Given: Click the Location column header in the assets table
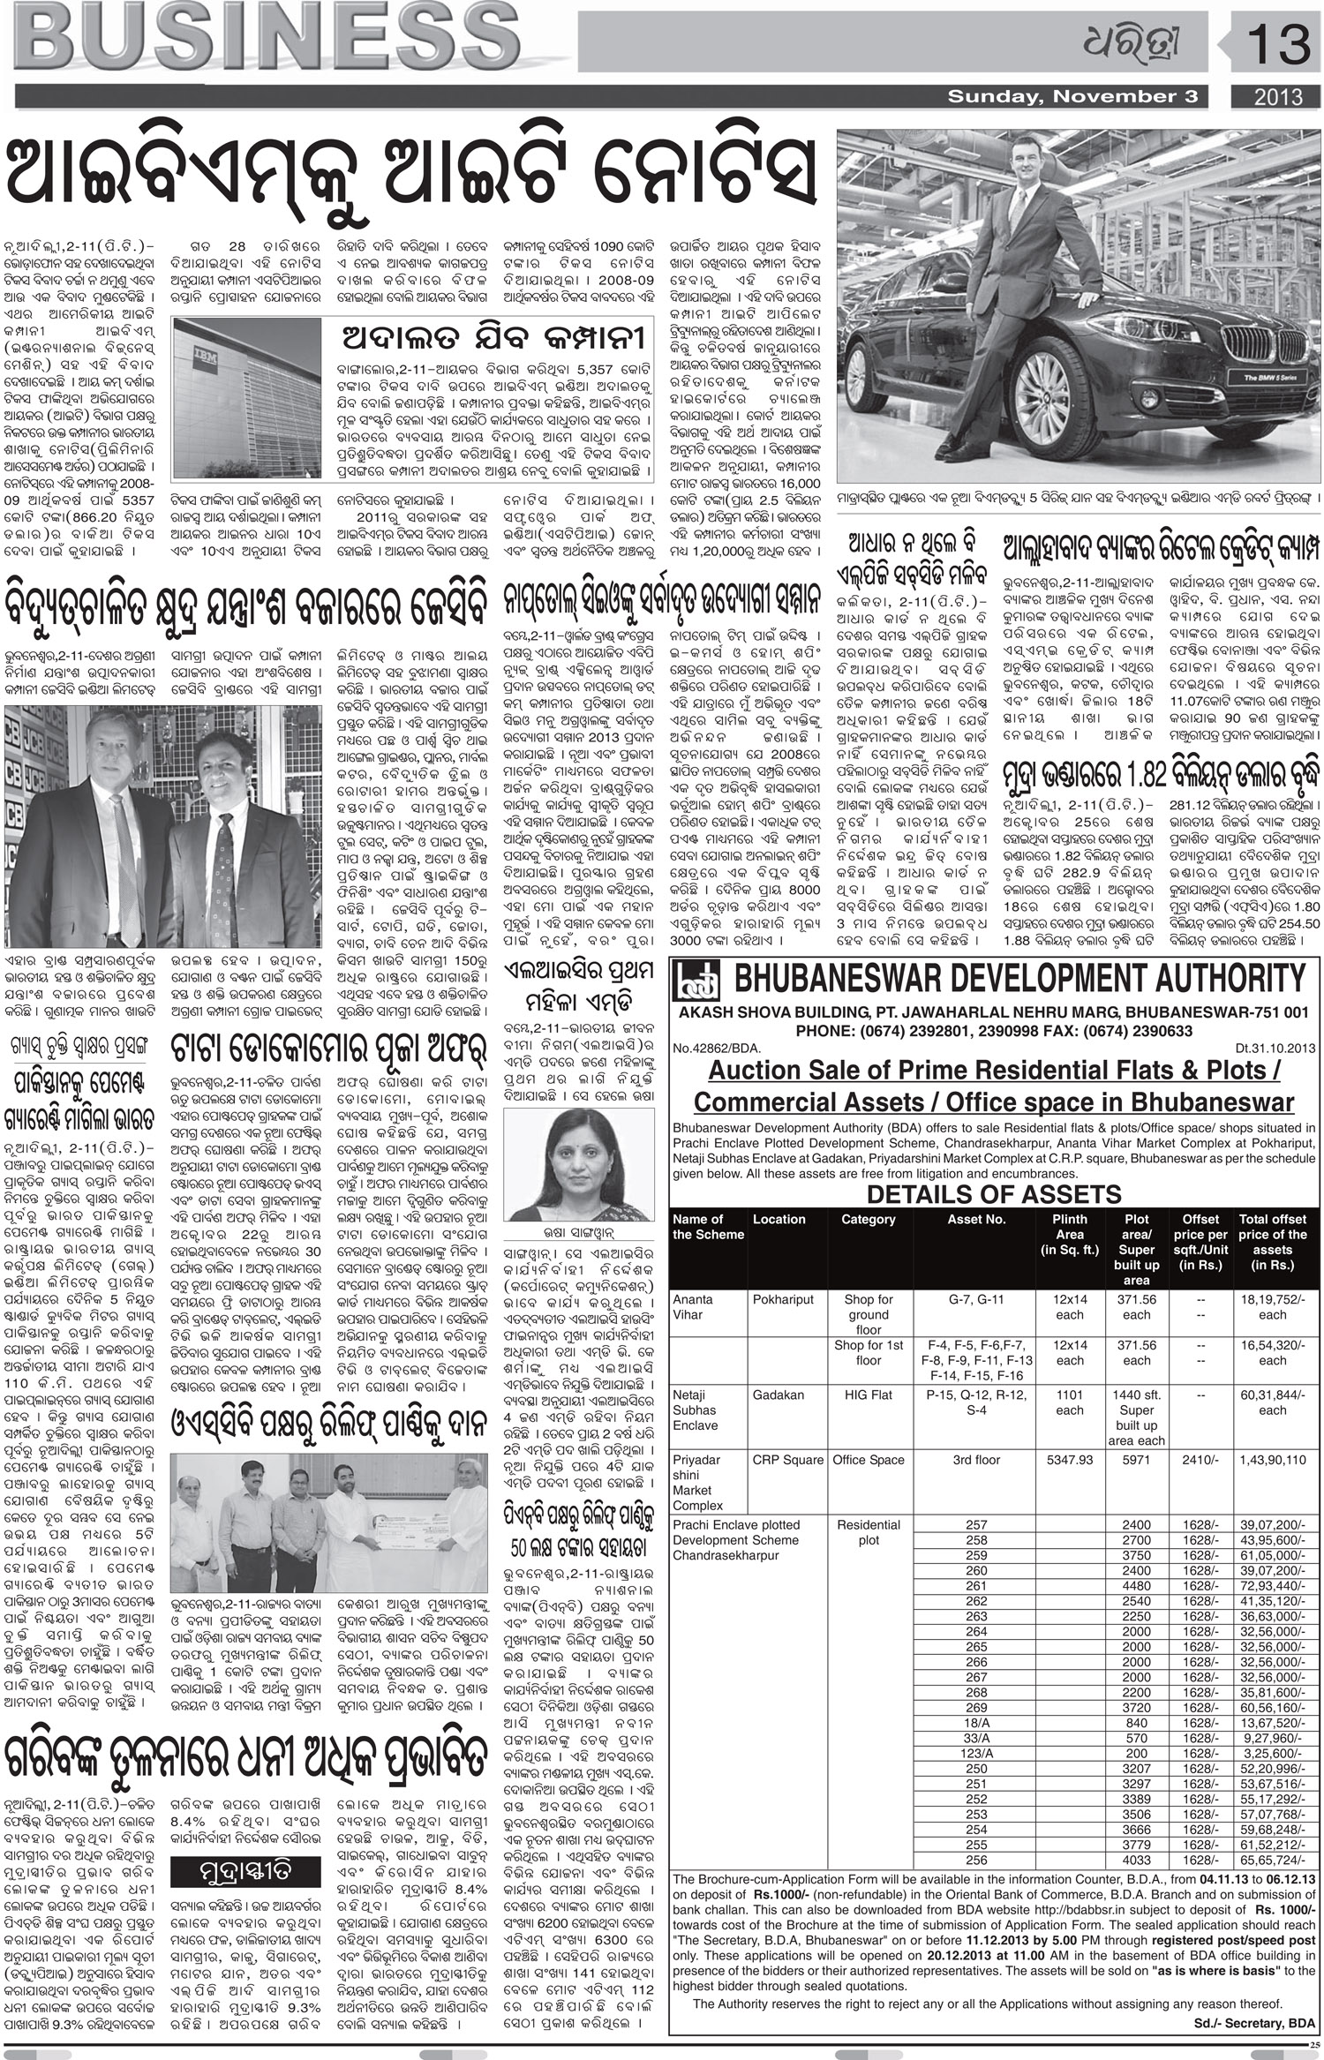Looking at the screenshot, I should pyautogui.click(x=779, y=1219).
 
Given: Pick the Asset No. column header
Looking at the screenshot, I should pyautogui.click(x=976, y=1219).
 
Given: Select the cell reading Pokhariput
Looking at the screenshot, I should pyautogui.click(x=784, y=1299).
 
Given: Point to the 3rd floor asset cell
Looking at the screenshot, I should pyautogui.click(x=976, y=1460).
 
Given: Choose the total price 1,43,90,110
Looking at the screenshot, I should pyautogui.click(x=1273, y=1460).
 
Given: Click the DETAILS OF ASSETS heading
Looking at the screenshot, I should pyautogui.click(x=994, y=1194).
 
